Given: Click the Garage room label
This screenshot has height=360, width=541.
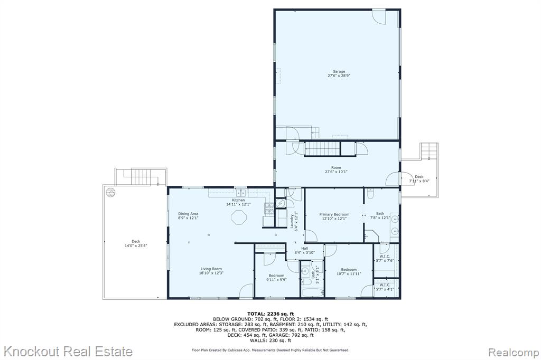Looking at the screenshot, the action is [x=339, y=71].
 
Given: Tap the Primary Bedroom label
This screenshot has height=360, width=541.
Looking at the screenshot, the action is [x=334, y=214].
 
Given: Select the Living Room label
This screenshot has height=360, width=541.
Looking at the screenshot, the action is [x=211, y=269].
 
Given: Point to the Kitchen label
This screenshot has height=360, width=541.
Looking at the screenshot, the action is [x=238, y=200].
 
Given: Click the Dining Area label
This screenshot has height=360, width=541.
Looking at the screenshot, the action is [x=188, y=213].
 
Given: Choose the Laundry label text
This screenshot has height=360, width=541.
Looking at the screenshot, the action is [x=292, y=221].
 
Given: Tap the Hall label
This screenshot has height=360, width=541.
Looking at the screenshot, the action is [x=304, y=248].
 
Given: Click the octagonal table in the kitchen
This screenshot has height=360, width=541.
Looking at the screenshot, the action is [x=239, y=218].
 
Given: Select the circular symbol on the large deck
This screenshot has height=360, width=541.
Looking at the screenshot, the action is [x=110, y=192].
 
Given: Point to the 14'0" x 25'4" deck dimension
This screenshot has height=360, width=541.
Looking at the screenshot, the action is [x=136, y=245].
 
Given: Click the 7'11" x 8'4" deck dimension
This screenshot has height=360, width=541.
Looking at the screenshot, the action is [x=419, y=181].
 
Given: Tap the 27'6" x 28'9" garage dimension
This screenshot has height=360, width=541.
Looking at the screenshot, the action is [x=339, y=75].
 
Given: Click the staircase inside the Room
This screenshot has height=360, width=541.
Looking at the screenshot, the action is [x=323, y=149].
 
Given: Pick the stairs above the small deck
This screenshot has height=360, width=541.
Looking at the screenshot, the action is [x=429, y=151].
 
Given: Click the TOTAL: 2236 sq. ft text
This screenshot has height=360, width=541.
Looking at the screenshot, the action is [x=270, y=314].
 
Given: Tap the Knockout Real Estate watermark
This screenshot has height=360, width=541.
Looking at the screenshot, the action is [x=68, y=352].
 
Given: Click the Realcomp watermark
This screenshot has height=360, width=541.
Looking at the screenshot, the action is [x=514, y=353].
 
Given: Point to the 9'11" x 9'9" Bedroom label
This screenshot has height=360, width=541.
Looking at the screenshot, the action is [x=276, y=278].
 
